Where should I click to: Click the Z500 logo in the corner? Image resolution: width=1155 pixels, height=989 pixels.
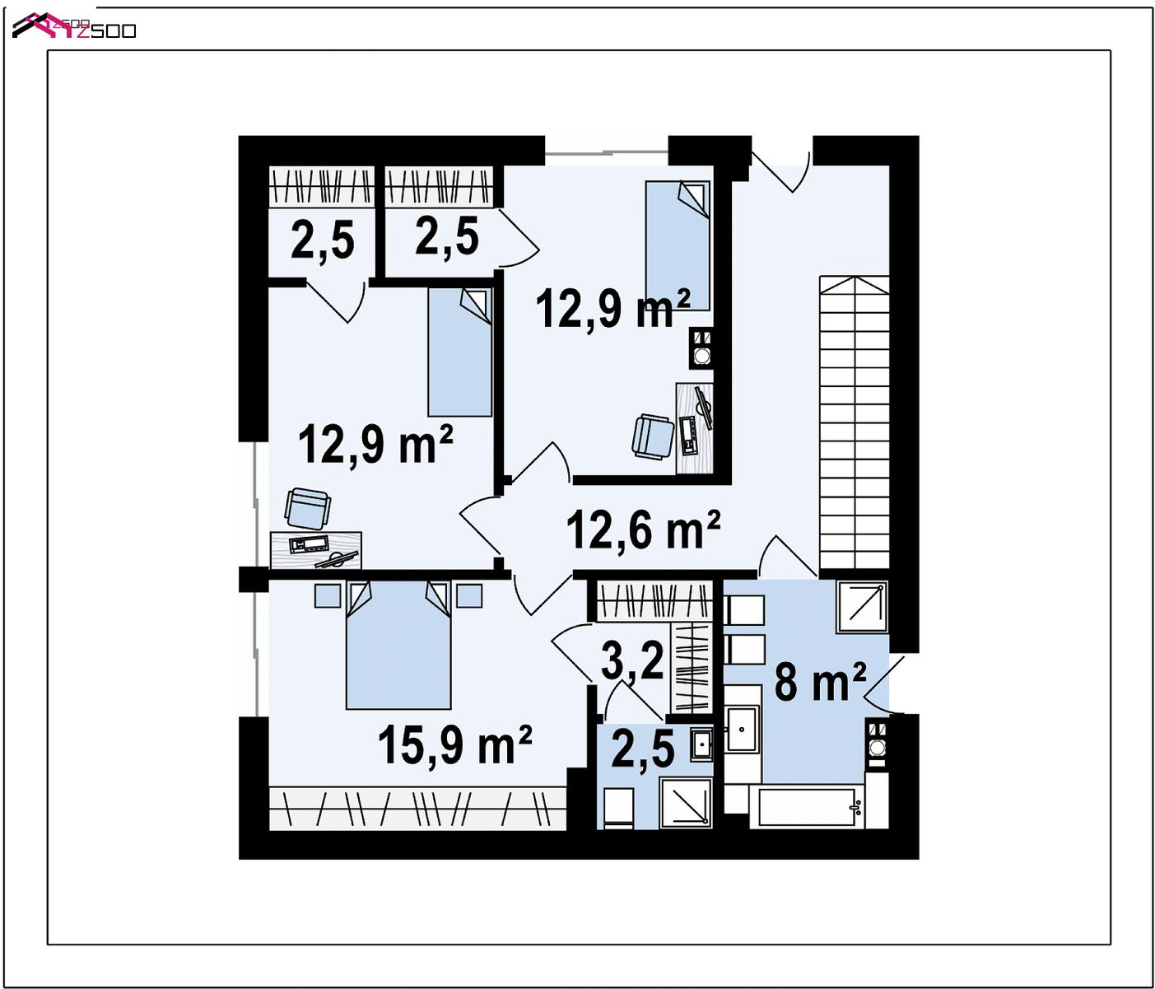74,26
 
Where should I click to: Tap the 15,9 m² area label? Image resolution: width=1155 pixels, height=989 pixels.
454,745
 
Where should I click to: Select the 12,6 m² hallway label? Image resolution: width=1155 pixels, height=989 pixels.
643,530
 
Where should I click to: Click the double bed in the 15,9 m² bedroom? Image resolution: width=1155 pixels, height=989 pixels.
398,645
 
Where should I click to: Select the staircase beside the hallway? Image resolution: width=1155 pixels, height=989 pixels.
854,422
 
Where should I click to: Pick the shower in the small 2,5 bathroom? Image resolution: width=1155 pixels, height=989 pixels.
685,803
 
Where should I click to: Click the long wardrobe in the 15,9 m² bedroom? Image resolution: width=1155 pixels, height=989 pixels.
417,809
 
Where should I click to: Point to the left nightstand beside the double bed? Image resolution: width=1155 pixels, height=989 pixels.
328,595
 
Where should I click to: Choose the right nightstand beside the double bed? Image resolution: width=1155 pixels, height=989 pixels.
469,595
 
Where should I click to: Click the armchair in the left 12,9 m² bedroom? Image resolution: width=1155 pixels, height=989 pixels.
307,508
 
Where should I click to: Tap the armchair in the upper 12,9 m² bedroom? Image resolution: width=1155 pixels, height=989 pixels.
653,436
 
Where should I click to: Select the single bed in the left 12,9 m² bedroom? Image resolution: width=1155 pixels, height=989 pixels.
460,352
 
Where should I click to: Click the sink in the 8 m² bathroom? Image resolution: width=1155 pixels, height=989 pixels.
742,729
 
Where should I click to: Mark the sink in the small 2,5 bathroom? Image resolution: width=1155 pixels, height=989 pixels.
701,744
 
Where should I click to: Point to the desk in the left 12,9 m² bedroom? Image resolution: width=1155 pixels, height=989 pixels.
316,550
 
